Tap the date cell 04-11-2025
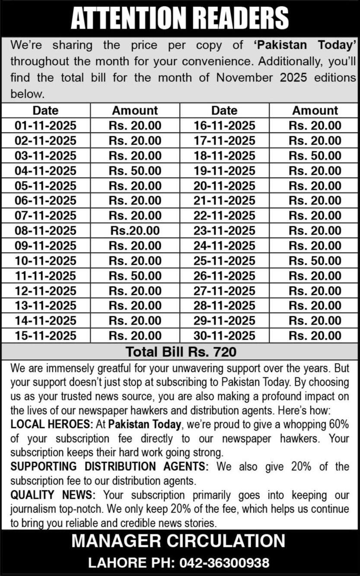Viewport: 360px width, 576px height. pos(45,171)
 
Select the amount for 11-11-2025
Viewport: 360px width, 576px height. pos(135,275)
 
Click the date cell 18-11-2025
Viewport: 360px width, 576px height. pos(224,156)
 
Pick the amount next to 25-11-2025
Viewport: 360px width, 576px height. pos(315,261)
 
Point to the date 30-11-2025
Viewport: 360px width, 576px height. pos(224,336)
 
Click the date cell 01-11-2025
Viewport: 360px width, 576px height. pos(45,126)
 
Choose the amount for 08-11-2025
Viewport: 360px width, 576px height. pos(135,231)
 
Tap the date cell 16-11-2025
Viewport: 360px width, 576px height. pos(224,126)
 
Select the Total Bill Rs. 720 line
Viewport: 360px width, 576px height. pos(181,352)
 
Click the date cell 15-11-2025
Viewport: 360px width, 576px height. pos(45,336)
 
